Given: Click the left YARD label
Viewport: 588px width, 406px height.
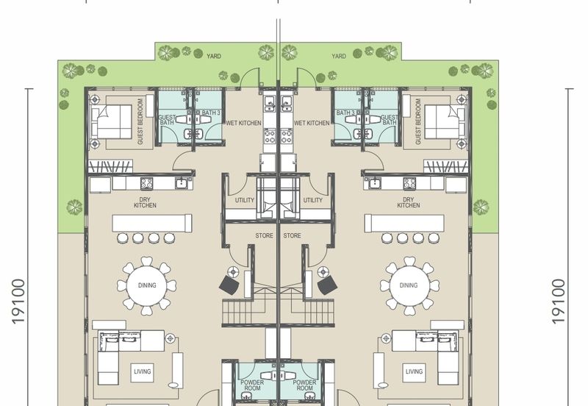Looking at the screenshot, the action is pyautogui.click(x=214, y=56).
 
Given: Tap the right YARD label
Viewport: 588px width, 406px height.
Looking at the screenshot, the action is pyautogui.click(x=339, y=56).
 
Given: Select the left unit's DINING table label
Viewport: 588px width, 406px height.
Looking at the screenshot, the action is pyautogui.click(x=147, y=285).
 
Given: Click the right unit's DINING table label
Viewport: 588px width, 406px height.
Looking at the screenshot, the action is pyautogui.click(x=409, y=285).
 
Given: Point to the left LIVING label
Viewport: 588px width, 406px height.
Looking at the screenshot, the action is pyautogui.click(x=143, y=371).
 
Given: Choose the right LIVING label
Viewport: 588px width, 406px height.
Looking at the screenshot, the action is pyautogui.click(x=414, y=371).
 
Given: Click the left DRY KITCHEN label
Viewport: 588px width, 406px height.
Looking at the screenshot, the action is pyautogui.click(x=145, y=202).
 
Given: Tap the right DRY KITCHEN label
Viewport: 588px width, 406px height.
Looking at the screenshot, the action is pyautogui.click(x=409, y=202).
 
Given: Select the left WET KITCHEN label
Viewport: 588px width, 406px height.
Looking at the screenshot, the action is pyautogui.click(x=243, y=123).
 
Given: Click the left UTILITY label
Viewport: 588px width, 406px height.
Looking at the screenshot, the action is pyautogui.click(x=245, y=200).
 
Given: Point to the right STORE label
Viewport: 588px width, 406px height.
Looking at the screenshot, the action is pyautogui.click(x=292, y=235).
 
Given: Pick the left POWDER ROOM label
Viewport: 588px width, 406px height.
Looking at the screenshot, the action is pyautogui.click(x=252, y=385).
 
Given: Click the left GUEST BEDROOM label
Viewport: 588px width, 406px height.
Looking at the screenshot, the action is pyautogui.click(x=140, y=121).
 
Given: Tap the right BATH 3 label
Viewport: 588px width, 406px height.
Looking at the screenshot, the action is pyautogui.click(x=345, y=113).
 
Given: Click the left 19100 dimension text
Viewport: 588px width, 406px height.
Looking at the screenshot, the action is pyautogui.click(x=18, y=302).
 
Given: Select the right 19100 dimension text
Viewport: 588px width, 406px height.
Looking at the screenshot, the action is pyautogui.click(x=558, y=302).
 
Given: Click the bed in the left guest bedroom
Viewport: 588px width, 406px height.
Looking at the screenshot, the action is pyautogui.click(x=112, y=121).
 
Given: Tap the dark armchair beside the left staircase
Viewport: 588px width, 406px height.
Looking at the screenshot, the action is pyautogui.click(x=229, y=285).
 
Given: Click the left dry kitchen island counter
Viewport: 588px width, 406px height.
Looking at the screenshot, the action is pyautogui.click(x=152, y=224).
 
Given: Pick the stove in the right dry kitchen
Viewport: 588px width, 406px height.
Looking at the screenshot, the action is pyautogui.click(x=409, y=183).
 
